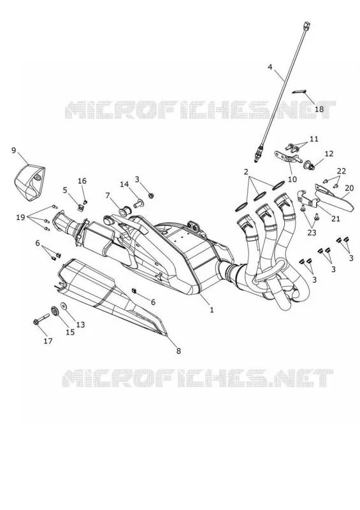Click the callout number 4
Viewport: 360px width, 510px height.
click(270, 67)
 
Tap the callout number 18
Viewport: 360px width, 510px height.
click(319, 109)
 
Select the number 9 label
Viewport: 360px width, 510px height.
click(13, 150)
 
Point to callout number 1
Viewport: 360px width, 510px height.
click(212, 310)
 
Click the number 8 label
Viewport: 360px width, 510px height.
click(178, 351)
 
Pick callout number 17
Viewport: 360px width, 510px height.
click(48, 341)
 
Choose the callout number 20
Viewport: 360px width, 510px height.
click(349, 187)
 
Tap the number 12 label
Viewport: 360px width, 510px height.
click(329, 153)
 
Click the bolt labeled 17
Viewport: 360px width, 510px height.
click(41, 319)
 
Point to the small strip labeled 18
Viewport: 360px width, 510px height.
click(298, 91)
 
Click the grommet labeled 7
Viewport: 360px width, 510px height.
click(124, 212)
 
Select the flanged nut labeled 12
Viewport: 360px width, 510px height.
click(308, 166)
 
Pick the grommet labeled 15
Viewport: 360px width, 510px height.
click(55, 312)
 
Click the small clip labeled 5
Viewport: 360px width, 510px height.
click(81, 207)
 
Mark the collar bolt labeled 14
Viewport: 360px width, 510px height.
click(138, 204)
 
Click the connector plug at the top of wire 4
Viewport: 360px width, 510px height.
click(306, 25)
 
